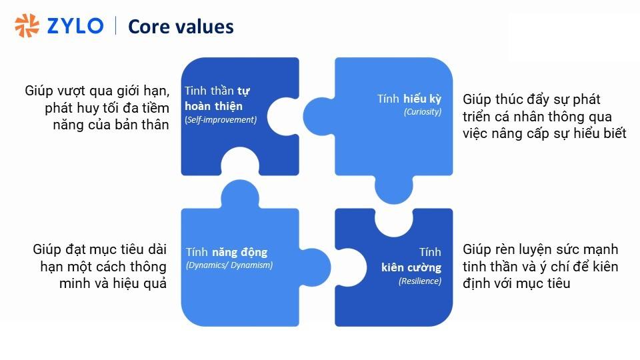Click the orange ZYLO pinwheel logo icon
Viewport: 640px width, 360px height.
click(27, 25)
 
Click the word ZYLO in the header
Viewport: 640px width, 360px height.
click(75, 26)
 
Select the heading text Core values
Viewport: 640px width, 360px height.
click(181, 27)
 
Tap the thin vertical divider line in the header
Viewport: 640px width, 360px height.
click(116, 26)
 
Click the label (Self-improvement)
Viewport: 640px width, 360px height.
click(221, 119)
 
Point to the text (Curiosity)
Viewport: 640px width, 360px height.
click(423, 112)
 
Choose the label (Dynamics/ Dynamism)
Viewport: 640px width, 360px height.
click(229, 265)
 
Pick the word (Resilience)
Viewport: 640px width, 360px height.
click(420, 281)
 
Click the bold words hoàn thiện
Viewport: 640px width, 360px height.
click(213, 106)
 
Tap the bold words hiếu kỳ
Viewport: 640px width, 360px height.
click(423, 99)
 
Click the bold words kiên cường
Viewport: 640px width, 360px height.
click(411, 267)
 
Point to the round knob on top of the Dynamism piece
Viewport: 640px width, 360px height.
click(240, 194)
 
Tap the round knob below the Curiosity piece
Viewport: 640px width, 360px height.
click(394, 190)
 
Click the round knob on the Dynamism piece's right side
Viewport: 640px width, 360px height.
click(315, 267)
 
